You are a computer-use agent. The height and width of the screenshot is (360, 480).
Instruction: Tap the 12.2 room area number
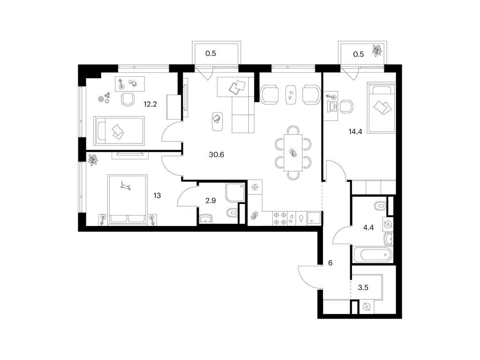[150, 104]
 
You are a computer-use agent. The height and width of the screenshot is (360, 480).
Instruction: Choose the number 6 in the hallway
[330, 263]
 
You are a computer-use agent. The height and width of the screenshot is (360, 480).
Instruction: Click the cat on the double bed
[126, 187]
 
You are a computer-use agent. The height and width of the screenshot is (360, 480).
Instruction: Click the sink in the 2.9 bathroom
[206, 218]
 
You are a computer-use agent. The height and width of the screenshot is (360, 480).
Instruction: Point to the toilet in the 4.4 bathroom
[380, 206]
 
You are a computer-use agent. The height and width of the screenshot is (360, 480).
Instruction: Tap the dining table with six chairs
[293, 152]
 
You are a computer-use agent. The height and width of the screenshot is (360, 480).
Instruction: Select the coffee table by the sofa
[217, 119]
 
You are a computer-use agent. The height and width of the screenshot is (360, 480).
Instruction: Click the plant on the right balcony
[376, 50]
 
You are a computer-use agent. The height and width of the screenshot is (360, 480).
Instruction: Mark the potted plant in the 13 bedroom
[94, 160]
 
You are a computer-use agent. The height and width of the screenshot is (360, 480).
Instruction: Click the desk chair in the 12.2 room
[127, 99]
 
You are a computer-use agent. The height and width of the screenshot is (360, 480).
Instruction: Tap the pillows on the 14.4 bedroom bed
[382, 107]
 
